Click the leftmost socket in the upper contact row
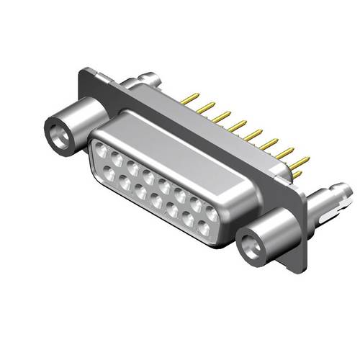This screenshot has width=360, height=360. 102,149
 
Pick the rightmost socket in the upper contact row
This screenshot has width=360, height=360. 212,214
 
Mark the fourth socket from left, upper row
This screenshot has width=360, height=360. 149,176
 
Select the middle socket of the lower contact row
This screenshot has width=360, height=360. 156,202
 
